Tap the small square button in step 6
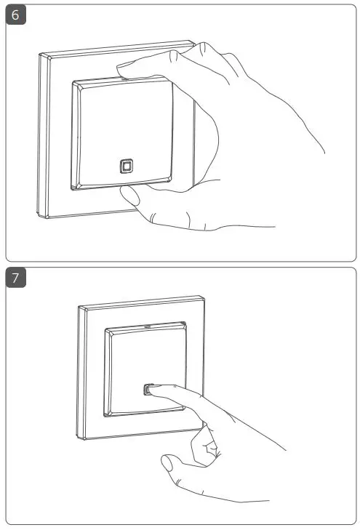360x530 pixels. coord(126,166)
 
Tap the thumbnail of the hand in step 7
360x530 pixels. coord(168,462)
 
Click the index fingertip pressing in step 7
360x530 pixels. coord(154,391)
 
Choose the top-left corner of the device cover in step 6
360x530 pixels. coord(73,83)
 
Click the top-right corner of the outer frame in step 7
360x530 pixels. coord(204,297)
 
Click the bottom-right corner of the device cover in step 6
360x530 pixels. coord(173,179)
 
